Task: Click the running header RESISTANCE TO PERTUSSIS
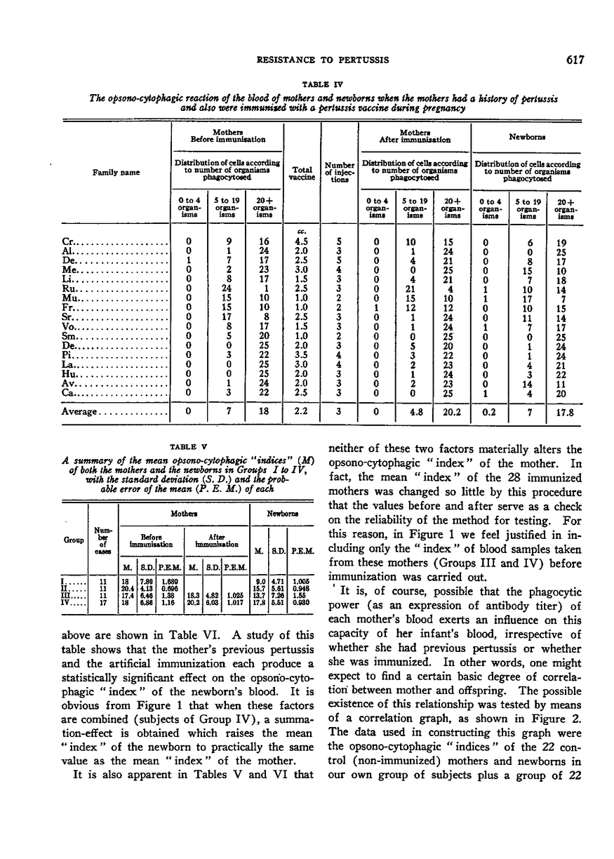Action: [x=312, y=60]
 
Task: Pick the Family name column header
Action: [x=112, y=171]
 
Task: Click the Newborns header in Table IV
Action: [x=526, y=135]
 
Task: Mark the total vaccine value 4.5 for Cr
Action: [x=301, y=241]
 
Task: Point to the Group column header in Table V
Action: [x=76, y=540]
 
